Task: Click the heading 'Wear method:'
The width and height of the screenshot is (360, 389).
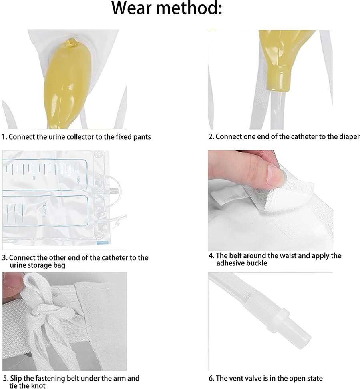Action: [x=167, y=8]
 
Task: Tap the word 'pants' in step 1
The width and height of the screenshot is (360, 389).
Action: [x=142, y=137]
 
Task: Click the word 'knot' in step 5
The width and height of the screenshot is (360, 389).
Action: [x=38, y=385]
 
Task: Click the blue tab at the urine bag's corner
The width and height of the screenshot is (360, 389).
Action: [x=103, y=243]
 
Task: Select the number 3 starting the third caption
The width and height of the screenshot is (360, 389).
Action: [x=4, y=258]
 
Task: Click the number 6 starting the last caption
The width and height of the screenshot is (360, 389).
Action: [x=211, y=378]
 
